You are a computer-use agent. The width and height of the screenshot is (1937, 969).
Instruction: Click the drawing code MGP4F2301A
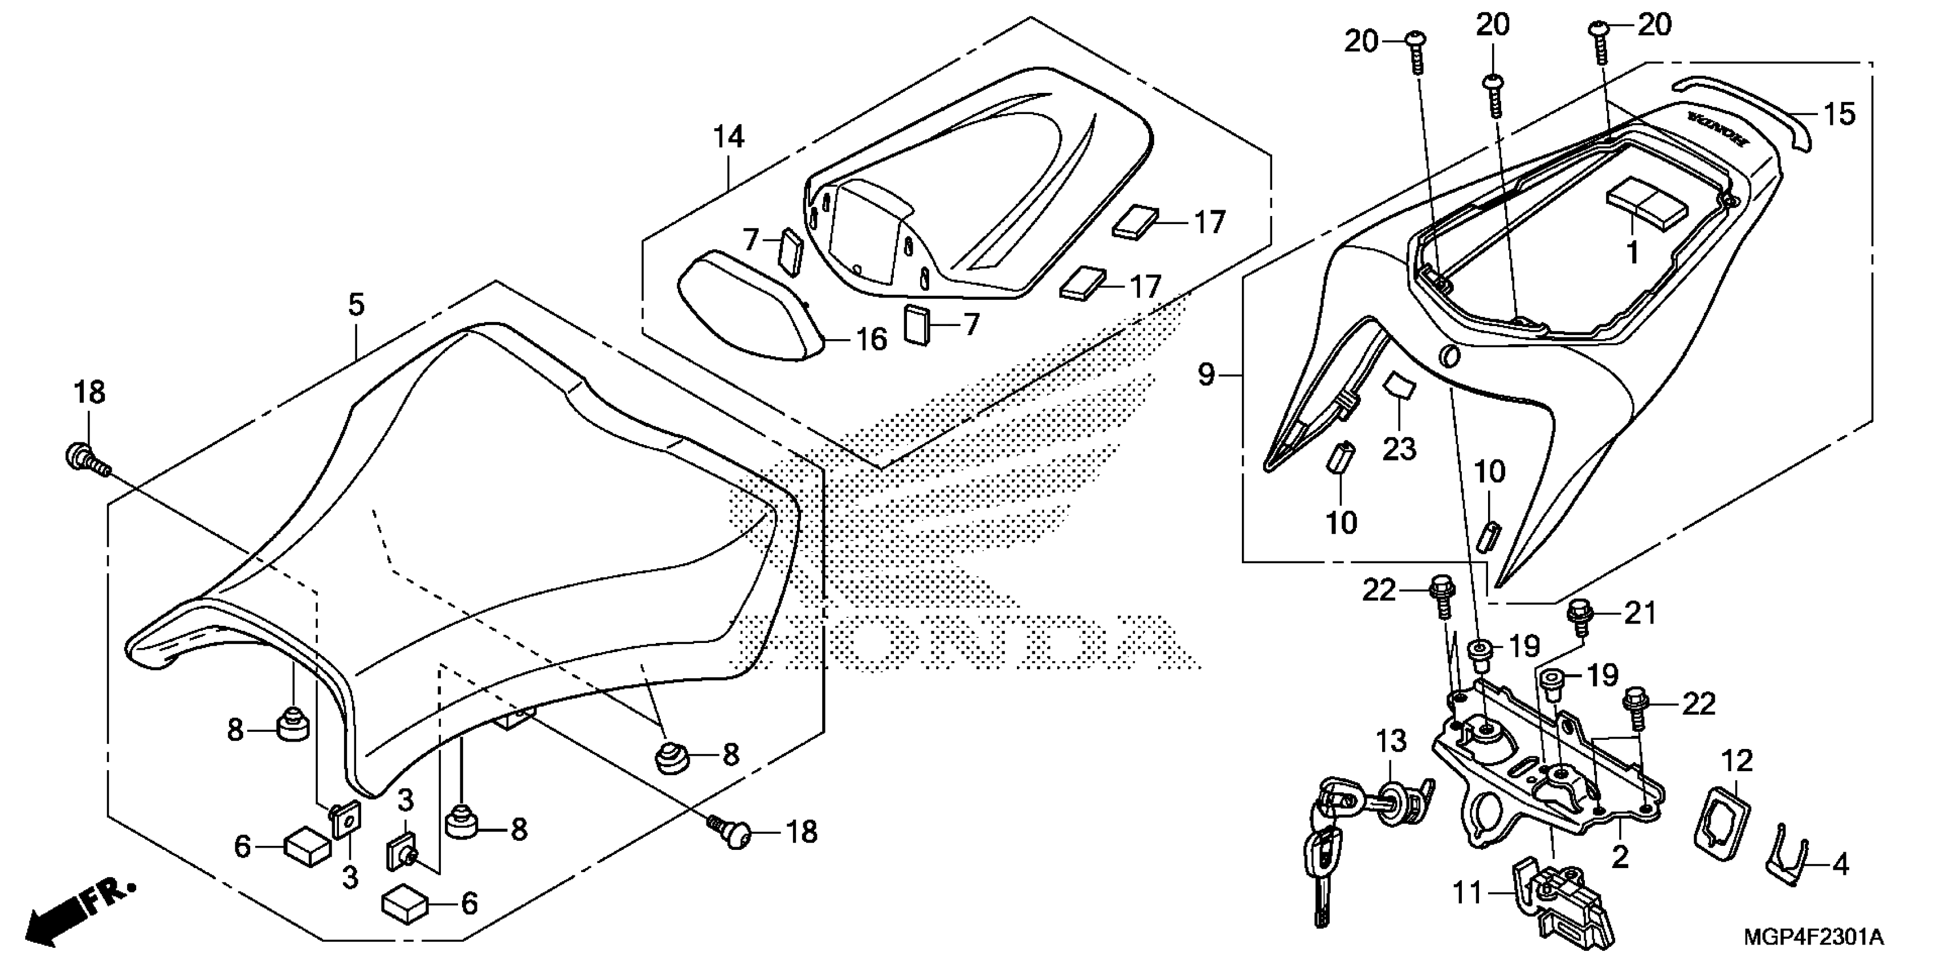point(1814,938)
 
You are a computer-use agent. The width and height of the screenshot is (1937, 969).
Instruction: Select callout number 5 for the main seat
point(357,305)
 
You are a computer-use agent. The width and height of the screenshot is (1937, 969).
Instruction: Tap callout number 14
point(729,137)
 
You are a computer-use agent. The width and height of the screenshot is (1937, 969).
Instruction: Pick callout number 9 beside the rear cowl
point(1205,374)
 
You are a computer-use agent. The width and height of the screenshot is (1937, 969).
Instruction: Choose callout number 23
point(1399,449)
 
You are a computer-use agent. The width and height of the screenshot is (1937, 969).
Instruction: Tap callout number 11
point(1467,893)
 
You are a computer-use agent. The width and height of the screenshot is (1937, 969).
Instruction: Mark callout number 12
point(1737,762)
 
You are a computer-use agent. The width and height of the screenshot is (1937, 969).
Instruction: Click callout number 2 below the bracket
point(1620,856)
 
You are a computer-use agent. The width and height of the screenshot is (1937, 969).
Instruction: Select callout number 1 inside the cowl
point(1632,254)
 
